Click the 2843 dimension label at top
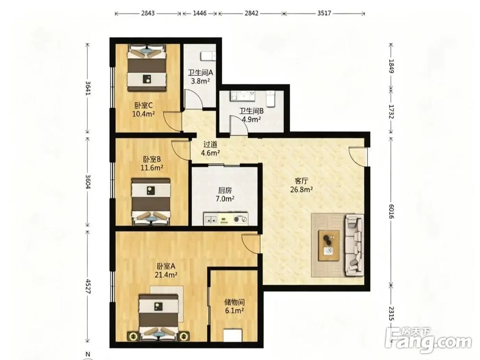point(148,13)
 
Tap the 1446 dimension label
point(200,13)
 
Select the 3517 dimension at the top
point(324,13)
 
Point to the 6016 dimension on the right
point(391,212)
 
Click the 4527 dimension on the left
point(88,286)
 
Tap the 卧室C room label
point(143,106)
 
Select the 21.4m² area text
point(167,275)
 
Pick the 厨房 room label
point(225,191)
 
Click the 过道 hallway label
point(210,144)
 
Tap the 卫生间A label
point(200,72)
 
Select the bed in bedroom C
point(147,68)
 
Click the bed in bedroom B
point(151,202)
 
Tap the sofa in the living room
point(355,245)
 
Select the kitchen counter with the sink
point(226,219)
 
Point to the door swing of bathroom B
point(238,125)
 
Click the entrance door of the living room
point(358,156)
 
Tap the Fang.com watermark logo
point(428,339)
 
